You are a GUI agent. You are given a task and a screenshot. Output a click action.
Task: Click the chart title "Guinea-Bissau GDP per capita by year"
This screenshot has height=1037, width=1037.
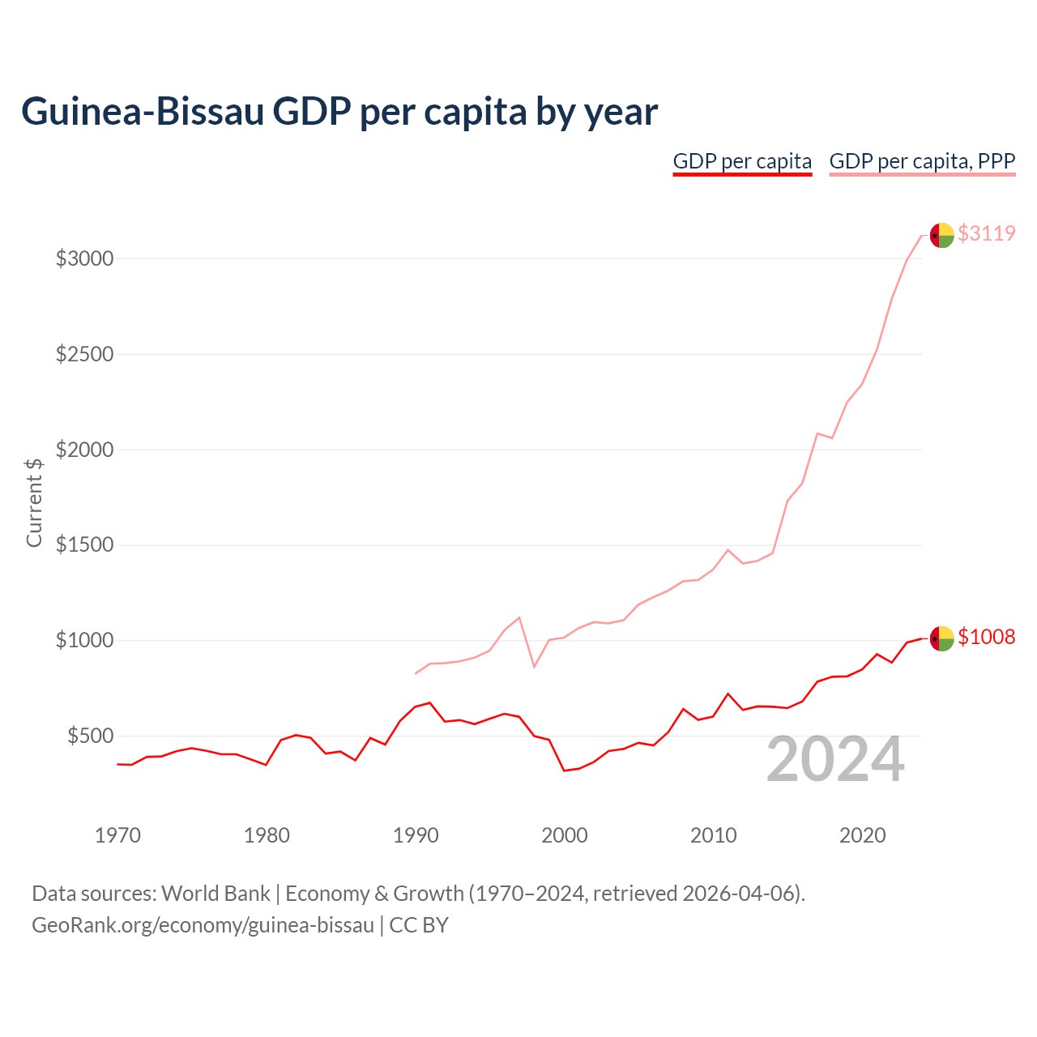coord(339,112)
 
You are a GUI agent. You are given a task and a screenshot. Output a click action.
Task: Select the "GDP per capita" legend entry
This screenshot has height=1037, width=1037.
coord(742,161)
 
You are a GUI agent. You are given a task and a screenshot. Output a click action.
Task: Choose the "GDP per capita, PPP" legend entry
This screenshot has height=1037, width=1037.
coord(922,161)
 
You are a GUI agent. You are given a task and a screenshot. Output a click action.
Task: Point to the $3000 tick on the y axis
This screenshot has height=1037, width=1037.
coord(84,259)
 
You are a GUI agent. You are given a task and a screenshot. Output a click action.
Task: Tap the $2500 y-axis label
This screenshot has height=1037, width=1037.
coord(84,355)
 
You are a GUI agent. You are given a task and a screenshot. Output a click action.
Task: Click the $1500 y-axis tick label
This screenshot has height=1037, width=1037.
coord(84,545)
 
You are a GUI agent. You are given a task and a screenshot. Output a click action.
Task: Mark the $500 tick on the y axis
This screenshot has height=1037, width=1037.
coord(90,736)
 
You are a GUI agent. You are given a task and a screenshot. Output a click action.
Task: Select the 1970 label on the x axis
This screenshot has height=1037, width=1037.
coord(117,835)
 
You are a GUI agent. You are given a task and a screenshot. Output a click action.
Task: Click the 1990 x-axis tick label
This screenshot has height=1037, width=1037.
coord(416,835)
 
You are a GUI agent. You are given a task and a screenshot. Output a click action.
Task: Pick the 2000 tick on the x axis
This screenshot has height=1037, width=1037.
coord(565,835)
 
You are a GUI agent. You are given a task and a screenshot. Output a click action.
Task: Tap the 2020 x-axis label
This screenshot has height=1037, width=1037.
coord(862,835)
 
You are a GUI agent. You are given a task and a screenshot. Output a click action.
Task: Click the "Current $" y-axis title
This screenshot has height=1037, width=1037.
coord(34,502)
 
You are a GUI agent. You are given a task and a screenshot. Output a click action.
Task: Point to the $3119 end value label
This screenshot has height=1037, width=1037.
coord(986,233)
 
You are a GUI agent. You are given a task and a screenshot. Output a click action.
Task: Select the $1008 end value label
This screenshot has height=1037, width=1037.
coord(986,637)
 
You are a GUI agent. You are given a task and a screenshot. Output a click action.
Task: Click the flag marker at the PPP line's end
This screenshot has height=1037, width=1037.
coord(941,235)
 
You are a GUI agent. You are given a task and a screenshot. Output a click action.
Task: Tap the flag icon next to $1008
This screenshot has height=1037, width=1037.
coord(941,638)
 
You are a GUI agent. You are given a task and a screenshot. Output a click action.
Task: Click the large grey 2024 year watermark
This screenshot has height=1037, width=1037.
coord(835,760)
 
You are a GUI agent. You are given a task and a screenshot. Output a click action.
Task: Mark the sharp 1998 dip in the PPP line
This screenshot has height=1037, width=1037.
coord(534,666)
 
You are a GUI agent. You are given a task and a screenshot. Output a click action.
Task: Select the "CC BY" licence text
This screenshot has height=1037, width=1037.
coord(419,925)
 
